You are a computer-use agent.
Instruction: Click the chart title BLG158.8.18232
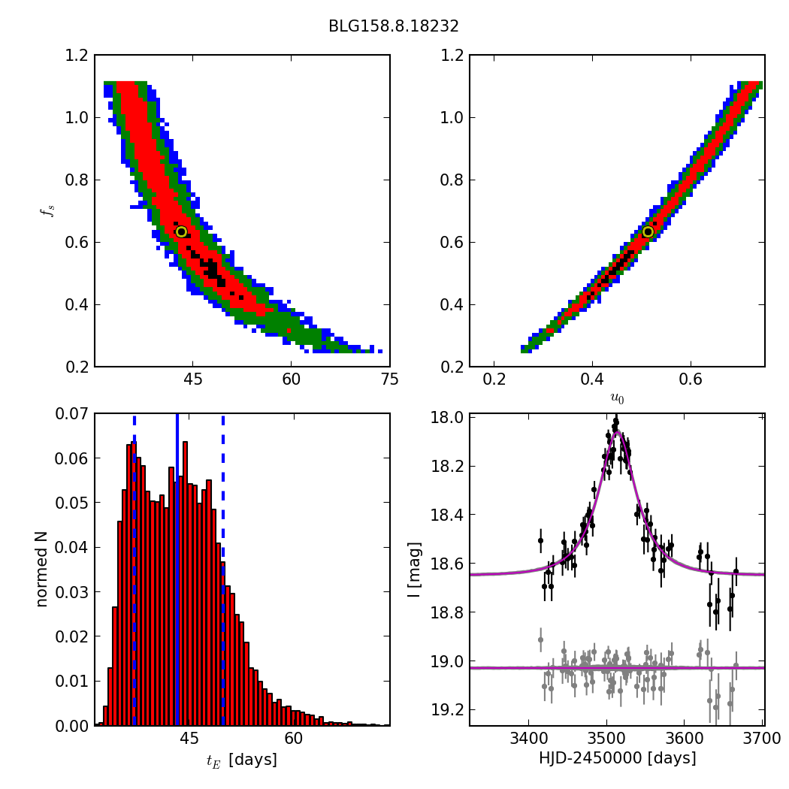pos(393,26)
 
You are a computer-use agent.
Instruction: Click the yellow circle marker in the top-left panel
pos(181,231)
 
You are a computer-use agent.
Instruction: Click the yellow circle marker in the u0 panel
pos(648,231)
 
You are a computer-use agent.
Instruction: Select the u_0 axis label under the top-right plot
pos(617,398)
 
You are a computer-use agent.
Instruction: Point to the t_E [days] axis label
pos(242,760)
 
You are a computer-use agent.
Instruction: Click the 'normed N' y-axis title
pos(42,569)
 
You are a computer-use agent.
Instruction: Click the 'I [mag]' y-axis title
pos(414,569)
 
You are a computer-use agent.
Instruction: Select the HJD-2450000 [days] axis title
pos(617,758)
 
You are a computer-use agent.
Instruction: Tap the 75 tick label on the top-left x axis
pos(389,379)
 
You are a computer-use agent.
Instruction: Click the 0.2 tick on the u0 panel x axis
pos(494,379)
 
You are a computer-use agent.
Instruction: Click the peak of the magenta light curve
pos(618,432)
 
